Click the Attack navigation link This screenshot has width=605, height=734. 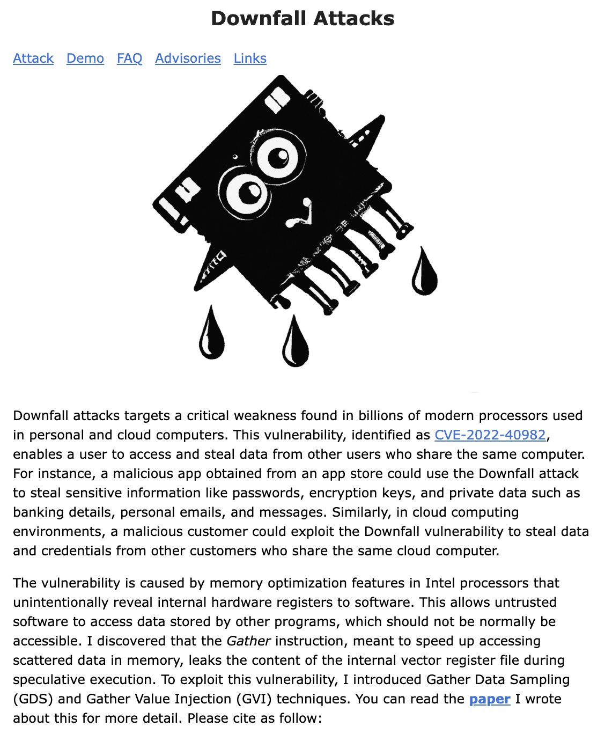coord(33,58)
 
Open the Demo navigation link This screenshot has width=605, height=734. coord(85,58)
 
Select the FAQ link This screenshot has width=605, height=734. coord(130,58)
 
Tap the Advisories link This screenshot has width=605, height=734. coord(188,58)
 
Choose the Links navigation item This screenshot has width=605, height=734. coord(250,58)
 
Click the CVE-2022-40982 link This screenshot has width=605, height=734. coord(490,435)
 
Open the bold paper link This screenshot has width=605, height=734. coord(490,699)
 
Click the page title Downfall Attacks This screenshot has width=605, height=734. coord(302,19)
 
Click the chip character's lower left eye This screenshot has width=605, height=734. coord(247,192)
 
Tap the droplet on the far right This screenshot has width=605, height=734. coord(424,273)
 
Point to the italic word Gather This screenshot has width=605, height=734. coord(248,641)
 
